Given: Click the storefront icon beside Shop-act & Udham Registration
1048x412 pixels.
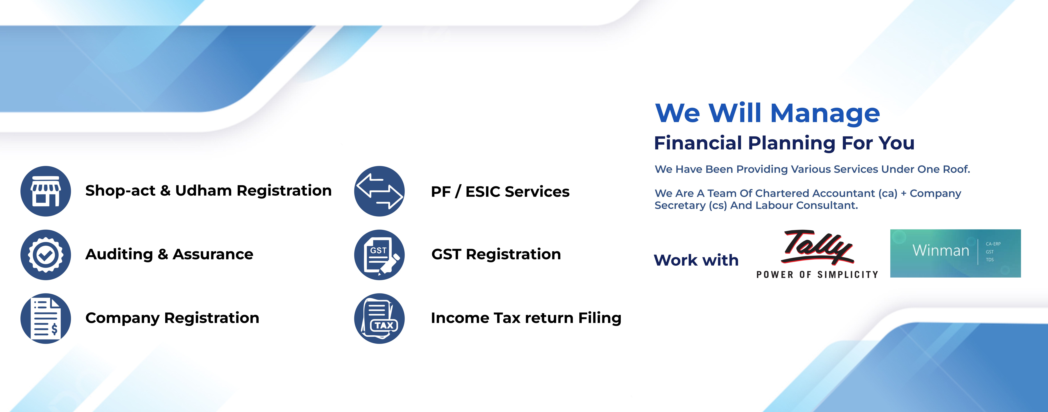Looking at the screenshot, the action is pos(46,191).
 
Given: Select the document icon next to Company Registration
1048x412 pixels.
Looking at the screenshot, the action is pos(46,318).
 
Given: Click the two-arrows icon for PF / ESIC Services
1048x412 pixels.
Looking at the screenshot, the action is pos(379,191).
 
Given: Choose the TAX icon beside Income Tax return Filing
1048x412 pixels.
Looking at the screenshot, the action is pos(379,318).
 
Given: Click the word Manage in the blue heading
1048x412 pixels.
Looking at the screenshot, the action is pos(825,113).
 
